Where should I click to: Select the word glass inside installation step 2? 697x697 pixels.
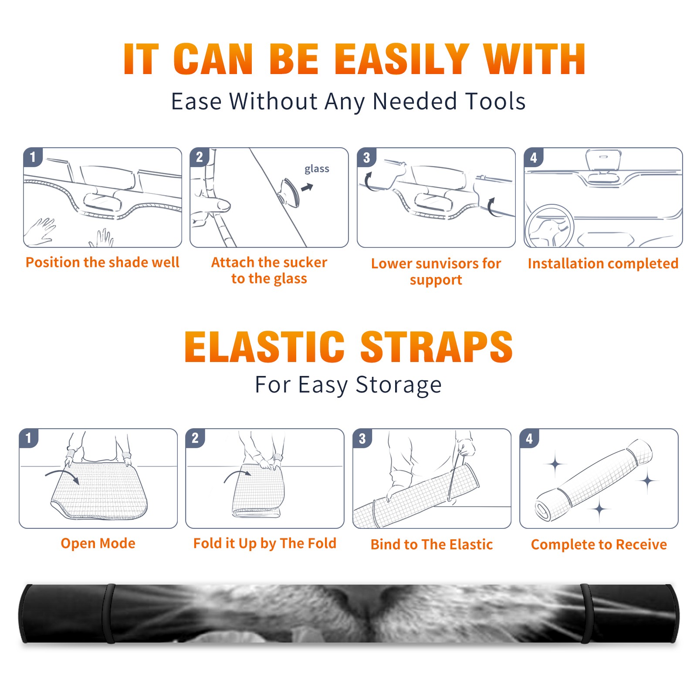(317, 169)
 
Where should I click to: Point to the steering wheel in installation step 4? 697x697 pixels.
(549, 227)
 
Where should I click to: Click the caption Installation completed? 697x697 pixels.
(603, 263)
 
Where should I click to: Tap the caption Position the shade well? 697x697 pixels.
(102, 262)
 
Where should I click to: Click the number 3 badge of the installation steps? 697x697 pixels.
(366, 158)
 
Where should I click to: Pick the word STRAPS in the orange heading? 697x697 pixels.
(436, 347)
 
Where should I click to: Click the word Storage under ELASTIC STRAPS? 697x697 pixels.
(399, 385)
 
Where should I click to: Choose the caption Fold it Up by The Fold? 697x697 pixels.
(265, 543)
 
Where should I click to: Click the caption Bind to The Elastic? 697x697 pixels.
(432, 545)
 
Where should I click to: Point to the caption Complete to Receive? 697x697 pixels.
(599, 545)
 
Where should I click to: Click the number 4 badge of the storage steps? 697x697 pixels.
(529, 439)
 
